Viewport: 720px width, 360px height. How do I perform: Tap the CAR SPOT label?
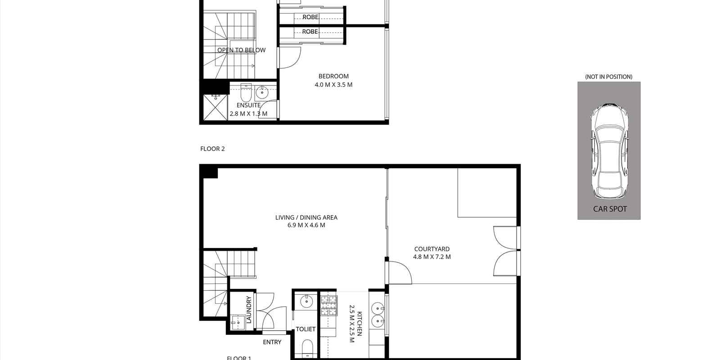click(x=610, y=209)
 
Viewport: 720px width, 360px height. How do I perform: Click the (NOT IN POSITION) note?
click(x=608, y=77)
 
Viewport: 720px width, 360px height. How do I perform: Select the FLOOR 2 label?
click(x=212, y=149)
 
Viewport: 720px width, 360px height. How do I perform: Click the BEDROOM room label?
click(x=333, y=76)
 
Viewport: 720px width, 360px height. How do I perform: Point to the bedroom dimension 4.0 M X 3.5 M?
click(x=333, y=85)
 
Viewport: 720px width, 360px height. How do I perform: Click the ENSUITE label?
click(x=248, y=105)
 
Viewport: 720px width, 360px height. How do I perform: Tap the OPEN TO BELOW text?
click(x=241, y=50)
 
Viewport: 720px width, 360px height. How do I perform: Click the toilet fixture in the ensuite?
click(x=246, y=94)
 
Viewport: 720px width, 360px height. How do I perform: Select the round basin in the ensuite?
click(x=261, y=94)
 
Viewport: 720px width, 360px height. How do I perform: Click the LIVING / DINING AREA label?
click(x=306, y=217)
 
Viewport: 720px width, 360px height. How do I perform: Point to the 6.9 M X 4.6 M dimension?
click(x=306, y=225)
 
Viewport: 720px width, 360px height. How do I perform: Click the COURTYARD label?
click(x=432, y=249)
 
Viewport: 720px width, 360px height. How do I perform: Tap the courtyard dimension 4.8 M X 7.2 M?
click(x=432, y=257)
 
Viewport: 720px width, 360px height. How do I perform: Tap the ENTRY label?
click(x=272, y=342)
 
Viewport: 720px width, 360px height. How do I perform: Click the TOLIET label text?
click(x=306, y=329)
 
